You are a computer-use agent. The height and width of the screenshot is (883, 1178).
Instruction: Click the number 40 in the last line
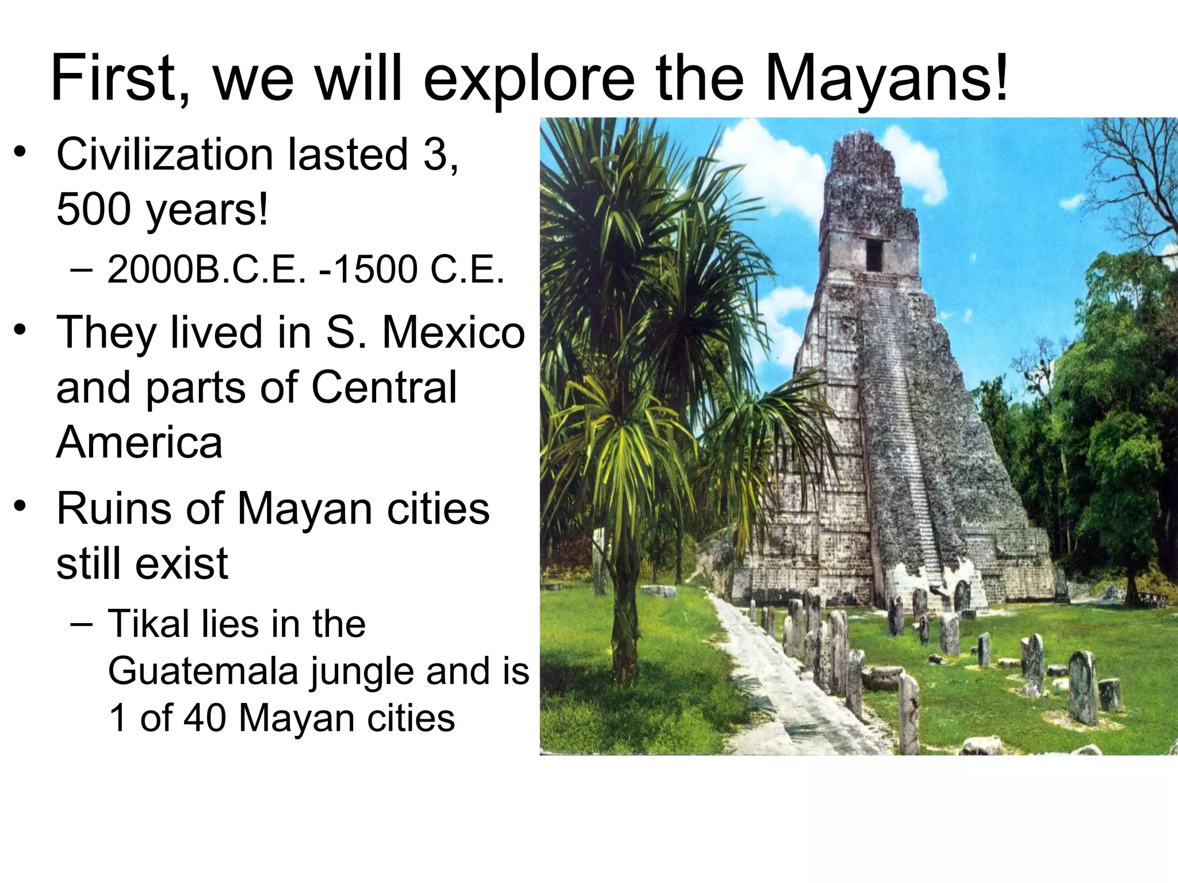click(204, 718)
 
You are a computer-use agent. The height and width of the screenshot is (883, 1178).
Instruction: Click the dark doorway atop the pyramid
click(874, 254)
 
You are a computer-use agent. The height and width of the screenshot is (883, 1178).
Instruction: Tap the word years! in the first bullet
click(207, 210)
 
